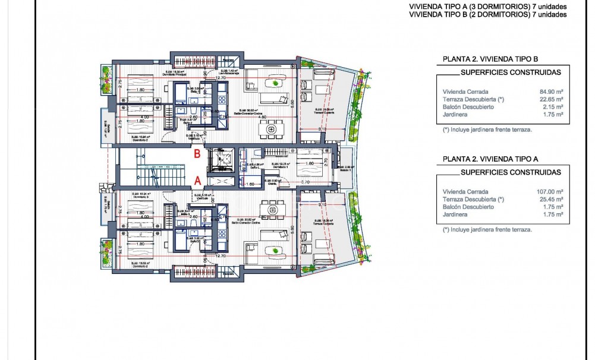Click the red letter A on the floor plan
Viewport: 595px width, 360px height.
click(197, 179)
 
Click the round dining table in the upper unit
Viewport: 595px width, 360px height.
click(272, 127)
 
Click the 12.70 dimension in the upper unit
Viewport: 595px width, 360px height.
click(221, 78)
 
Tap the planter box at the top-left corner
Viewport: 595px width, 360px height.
click(107, 79)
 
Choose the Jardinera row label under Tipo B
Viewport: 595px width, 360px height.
click(455, 114)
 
